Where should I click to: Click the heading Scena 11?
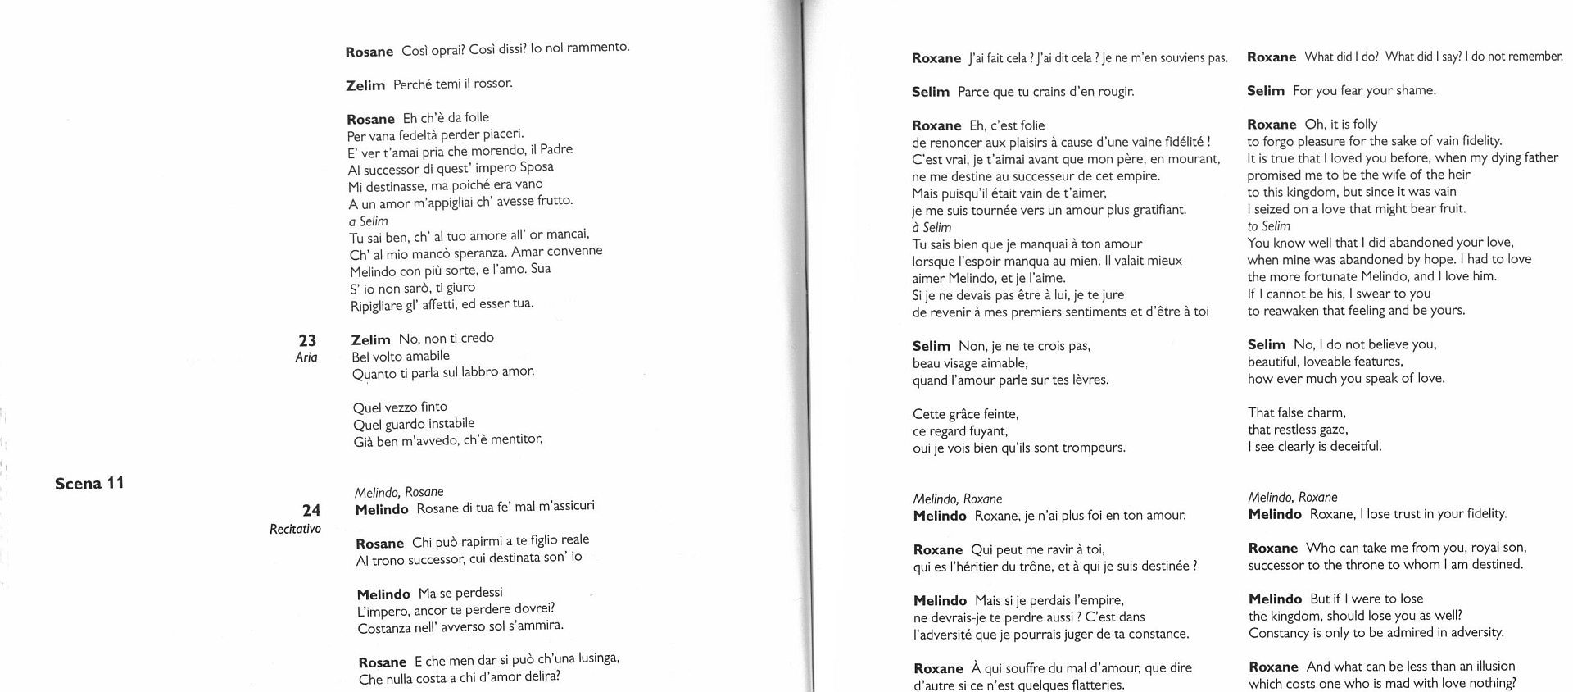coord(89,483)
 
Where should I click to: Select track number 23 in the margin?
coord(307,340)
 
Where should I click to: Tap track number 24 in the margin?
coord(311,511)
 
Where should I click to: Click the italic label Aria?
coord(306,357)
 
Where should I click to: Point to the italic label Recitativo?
coord(295,529)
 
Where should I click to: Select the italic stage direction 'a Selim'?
coord(368,221)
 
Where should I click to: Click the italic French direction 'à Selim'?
coord(932,227)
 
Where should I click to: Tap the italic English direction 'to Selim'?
coord(1268,226)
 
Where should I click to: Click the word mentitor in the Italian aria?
coord(516,439)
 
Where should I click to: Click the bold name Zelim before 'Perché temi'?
coord(365,85)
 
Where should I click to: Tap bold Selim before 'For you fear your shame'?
coord(1265,91)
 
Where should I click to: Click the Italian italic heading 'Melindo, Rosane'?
coord(398,492)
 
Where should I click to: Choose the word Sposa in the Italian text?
coord(536,167)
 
